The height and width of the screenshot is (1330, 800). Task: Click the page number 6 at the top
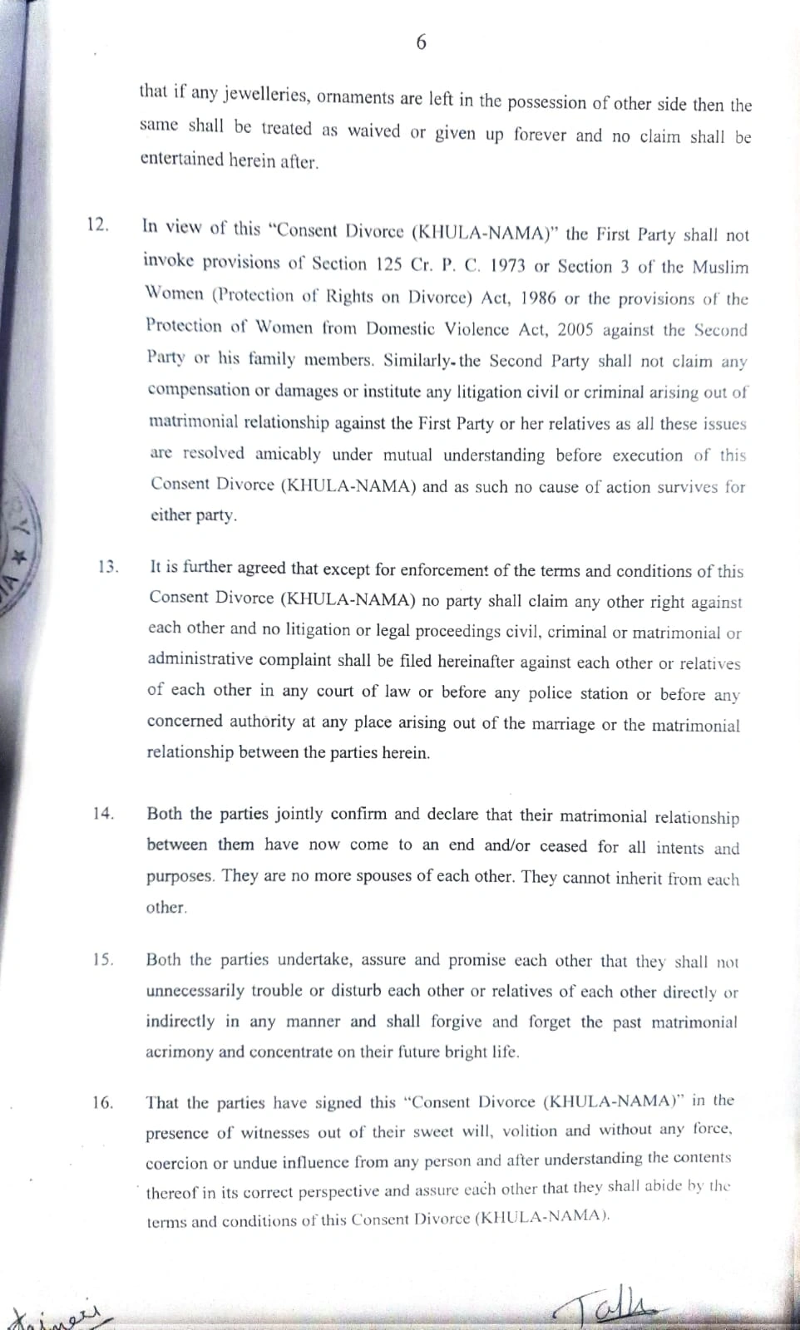click(420, 42)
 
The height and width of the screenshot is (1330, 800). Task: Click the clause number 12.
click(97, 225)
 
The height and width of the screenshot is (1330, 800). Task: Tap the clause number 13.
click(108, 567)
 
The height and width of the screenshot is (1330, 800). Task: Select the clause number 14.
click(104, 814)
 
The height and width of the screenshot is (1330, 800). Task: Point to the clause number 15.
click(104, 959)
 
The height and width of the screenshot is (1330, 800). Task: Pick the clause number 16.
click(103, 1103)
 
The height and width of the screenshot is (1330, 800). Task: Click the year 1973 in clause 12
click(507, 266)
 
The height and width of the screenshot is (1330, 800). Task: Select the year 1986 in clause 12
click(532, 298)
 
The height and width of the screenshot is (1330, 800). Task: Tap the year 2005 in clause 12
click(575, 329)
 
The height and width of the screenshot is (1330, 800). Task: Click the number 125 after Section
click(389, 264)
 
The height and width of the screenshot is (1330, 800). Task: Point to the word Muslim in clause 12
click(721, 268)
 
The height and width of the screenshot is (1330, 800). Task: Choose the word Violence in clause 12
click(472, 328)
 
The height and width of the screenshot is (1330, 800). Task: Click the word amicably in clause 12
click(288, 454)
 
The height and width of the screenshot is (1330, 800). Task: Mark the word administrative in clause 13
click(200, 659)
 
